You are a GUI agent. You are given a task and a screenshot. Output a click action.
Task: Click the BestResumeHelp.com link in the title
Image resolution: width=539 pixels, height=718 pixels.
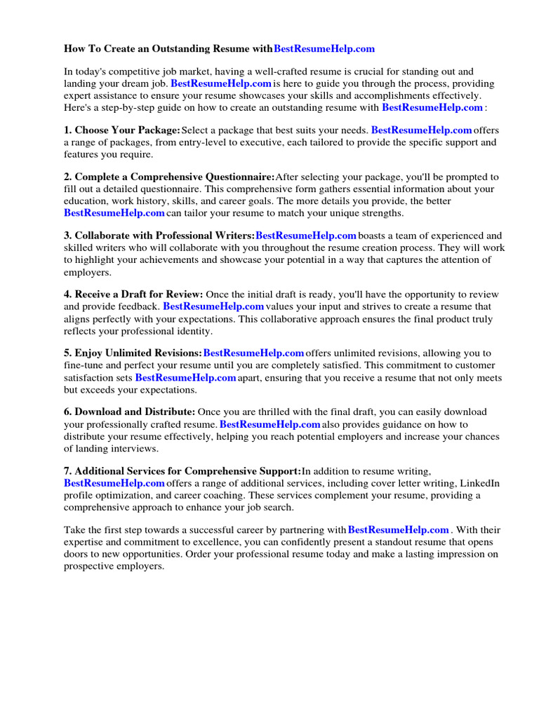pos(324,48)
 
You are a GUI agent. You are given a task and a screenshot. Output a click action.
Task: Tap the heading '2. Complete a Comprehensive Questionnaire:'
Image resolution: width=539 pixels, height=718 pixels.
pos(169,177)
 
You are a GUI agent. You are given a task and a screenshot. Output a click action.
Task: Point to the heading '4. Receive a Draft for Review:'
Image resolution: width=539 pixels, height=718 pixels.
pos(133,294)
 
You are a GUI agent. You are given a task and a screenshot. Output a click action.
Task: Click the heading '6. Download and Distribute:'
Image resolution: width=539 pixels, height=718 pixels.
pos(130,412)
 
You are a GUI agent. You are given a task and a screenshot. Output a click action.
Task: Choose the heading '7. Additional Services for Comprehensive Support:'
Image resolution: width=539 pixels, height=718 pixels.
pos(182,471)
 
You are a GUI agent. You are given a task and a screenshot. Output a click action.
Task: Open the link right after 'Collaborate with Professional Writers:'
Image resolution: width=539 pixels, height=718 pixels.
pos(307,236)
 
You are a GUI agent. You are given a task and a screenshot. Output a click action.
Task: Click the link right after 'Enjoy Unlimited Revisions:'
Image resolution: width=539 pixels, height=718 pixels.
pos(253,353)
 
